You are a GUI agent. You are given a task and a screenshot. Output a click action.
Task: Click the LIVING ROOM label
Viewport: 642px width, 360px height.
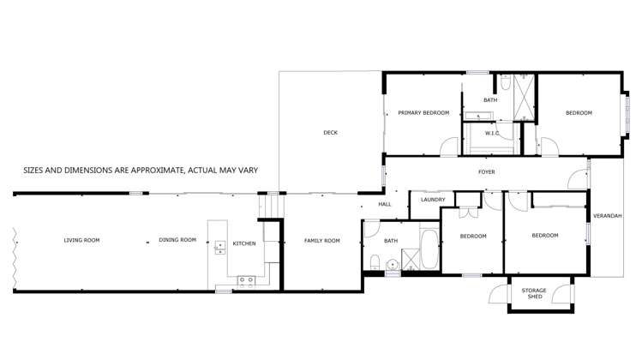[81, 240]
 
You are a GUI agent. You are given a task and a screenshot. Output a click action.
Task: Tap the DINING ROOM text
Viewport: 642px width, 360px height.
[177, 240]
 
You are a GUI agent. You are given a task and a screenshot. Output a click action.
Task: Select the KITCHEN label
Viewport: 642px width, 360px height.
[244, 243]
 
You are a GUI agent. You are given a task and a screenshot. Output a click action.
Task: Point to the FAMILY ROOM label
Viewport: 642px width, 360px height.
[322, 241]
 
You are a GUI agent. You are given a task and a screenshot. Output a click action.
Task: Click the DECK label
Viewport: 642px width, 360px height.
[330, 133]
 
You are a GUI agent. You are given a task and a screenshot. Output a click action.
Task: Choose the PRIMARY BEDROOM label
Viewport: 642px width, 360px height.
[423, 113]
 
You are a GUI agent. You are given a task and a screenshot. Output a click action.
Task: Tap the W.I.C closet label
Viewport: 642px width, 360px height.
[492, 133]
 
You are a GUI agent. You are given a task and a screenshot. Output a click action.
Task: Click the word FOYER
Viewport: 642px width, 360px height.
[486, 172]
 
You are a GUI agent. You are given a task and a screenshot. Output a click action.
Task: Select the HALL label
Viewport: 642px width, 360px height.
[385, 204]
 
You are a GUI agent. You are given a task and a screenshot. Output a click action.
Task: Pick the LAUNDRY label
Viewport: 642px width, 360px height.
[433, 200]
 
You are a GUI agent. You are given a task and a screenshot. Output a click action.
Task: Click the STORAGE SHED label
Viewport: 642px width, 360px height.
[533, 293]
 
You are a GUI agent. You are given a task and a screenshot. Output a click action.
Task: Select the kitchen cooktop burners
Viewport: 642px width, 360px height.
[246, 279]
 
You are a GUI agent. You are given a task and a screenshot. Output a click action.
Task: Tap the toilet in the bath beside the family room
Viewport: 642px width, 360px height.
[375, 261]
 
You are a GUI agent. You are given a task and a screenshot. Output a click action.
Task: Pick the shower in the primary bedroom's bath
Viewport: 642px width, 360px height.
[524, 96]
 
